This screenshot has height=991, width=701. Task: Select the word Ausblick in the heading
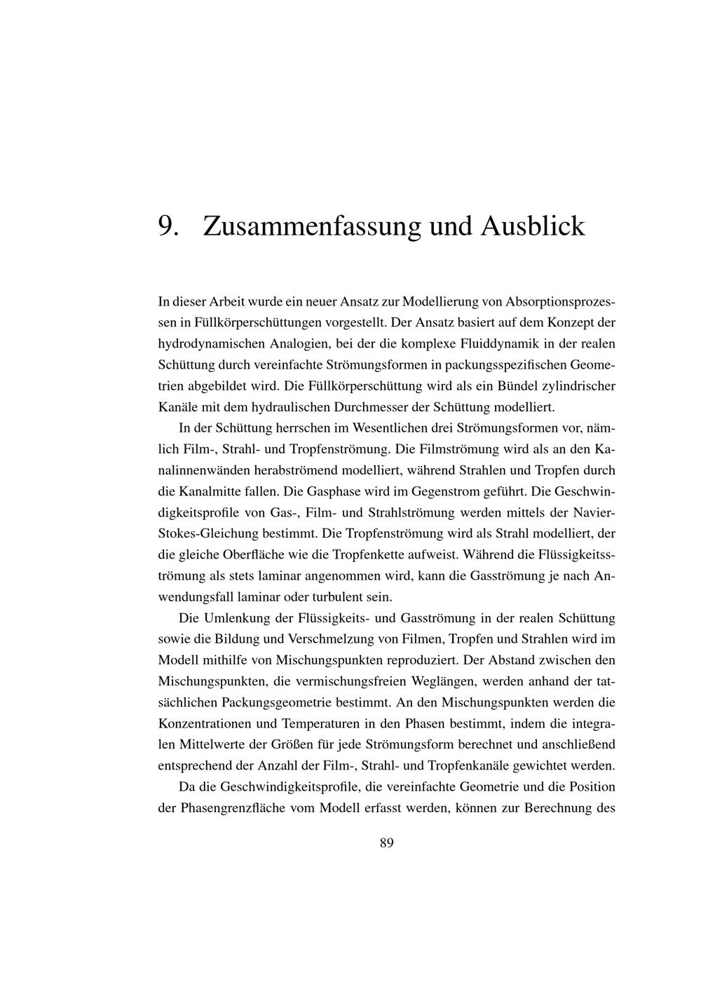(x=532, y=226)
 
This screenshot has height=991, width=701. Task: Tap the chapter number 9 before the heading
(x=166, y=226)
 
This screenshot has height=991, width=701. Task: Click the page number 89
(x=386, y=842)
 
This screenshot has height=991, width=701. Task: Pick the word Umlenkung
(x=233, y=618)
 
